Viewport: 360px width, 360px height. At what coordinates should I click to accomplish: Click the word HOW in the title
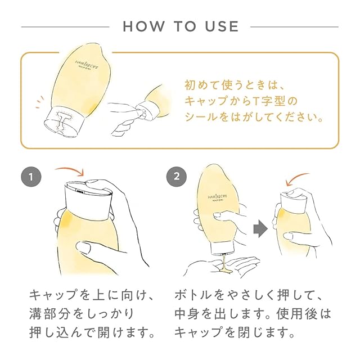(x=144, y=26)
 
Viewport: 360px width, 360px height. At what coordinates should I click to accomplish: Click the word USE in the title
(x=222, y=26)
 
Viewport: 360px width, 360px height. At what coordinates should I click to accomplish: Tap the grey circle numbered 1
(x=31, y=177)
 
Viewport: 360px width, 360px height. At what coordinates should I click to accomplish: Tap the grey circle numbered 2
(x=176, y=177)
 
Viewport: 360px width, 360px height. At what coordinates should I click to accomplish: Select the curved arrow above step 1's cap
(x=70, y=171)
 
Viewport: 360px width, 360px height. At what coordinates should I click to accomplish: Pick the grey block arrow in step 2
(x=260, y=229)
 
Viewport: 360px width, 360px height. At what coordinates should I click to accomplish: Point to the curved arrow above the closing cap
(x=295, y=178)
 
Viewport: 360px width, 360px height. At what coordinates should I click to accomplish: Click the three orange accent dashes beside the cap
(x=39, y=102)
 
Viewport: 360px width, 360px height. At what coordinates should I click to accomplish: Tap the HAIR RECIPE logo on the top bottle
(x=87, y=64)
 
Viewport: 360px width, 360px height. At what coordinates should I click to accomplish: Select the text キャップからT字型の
(x=241, y=101)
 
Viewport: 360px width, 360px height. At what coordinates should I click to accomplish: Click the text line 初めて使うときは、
(x=235, y=85)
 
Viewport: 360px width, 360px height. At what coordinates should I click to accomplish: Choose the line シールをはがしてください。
(x=254, y=117)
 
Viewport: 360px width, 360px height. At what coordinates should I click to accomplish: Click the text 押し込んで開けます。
(x=92, y=332)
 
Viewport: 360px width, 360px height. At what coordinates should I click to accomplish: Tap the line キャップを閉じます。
(x=235, y=332)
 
